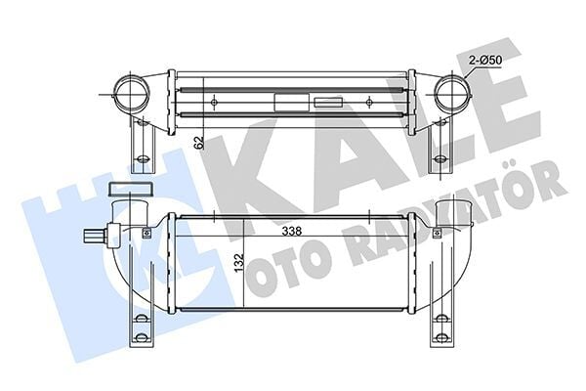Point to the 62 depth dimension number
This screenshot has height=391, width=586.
(x=199, y=143)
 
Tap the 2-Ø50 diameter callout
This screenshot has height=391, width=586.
(x=484, y=62)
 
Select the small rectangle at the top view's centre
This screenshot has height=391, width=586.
(x=289, y=102)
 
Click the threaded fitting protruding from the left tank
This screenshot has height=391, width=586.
(x=95, y=236)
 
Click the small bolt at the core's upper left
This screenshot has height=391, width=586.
(x=146, y=232)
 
